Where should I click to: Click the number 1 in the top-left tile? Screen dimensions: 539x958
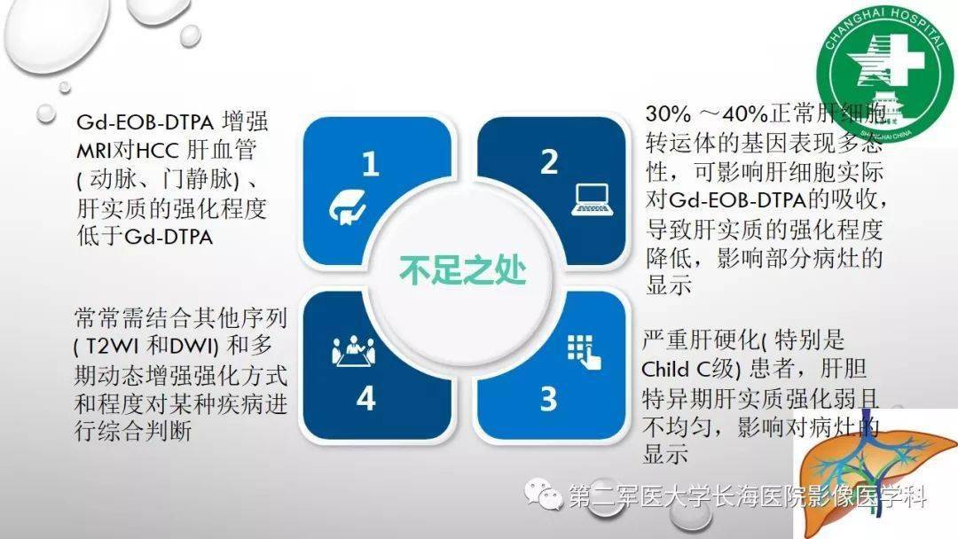[x=370, y=163]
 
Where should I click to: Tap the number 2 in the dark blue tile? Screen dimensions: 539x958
[x=548, y=162]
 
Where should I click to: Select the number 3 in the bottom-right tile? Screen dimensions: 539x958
[x=548, y=398]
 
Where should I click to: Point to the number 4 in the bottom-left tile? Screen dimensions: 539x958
[x=365, y=398]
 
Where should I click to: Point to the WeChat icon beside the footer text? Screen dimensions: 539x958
[x=544, y=496]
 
